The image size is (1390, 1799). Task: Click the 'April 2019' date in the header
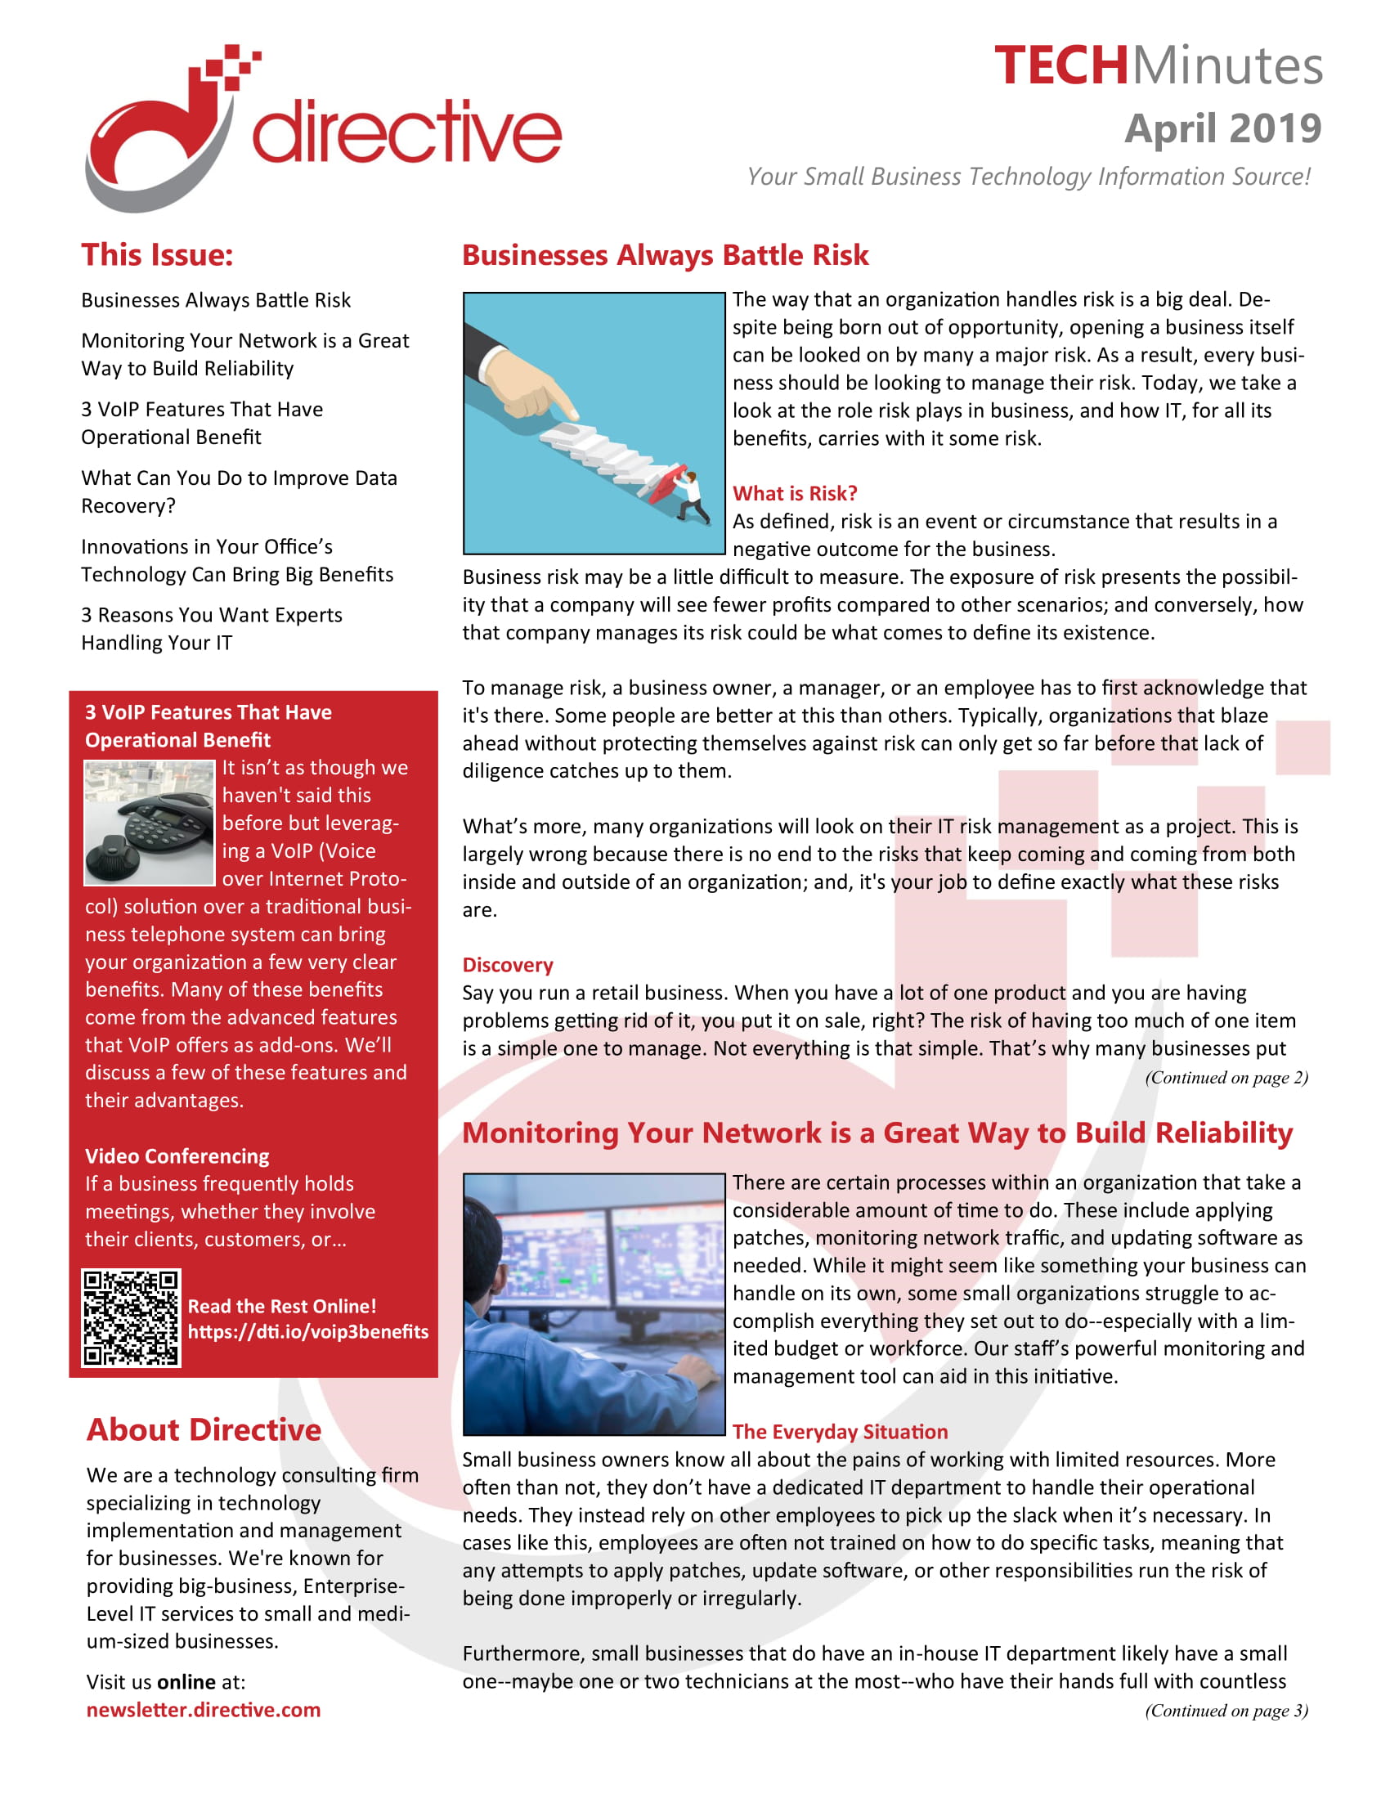(x=1222, y=128)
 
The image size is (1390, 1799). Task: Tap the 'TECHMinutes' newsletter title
(x=1158, y=66)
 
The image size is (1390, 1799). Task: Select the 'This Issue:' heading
(x=157, y=254)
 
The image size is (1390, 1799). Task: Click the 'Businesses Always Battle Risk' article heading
(x=665, y=255)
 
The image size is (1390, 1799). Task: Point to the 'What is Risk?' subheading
(x=795, y=493)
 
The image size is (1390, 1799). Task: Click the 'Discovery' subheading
(x=507, y=965)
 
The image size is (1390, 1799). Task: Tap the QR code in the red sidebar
(x=131, y=1318)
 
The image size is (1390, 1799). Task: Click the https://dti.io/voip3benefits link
(x=308, y=1332)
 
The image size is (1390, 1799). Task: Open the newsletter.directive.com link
(x=204, y=1710)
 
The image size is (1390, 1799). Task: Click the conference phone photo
(x=149, y=822)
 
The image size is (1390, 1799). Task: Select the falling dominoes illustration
(x=593, y=423)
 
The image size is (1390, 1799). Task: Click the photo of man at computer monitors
(x=593, y=1304)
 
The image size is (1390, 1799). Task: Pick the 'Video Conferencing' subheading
(x=177, y=1155)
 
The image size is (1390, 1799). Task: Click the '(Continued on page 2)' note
(x=1226, y=1078)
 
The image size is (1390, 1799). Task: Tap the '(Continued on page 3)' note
(x=1226, y=1710)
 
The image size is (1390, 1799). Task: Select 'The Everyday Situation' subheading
(x=840, y=1432)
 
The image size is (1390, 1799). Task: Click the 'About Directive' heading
(x=204, y=1430)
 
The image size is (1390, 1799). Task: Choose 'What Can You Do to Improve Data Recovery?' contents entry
(x=239, y=491)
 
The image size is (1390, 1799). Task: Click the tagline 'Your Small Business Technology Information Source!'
(x=1029, y=177)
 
